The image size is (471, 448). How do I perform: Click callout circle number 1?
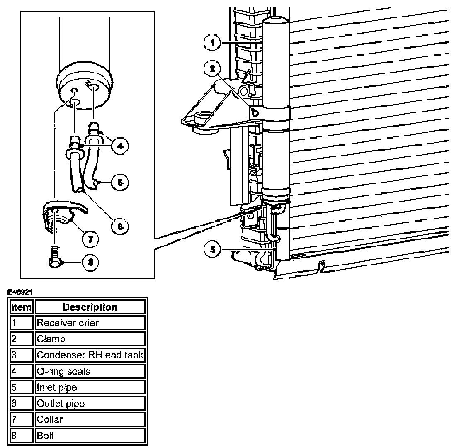tap(212, 42)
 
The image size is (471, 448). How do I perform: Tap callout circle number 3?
tap(212, 249)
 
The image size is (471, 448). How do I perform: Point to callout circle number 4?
tap(120, 146)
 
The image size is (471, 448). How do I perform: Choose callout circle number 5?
tap(120, 182)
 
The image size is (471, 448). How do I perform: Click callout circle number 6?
tap(120, 226)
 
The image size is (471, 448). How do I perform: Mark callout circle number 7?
tap(90, 239)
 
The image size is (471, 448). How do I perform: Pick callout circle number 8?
tap(90, 262)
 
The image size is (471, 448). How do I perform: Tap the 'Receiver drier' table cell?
tap(90, 323)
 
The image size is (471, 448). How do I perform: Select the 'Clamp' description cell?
tap(90, 339)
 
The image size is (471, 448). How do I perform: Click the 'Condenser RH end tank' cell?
tap(90, 355)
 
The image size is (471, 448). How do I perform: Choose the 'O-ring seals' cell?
tap(90, 371)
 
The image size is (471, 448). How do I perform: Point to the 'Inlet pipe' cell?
tap(90, 387)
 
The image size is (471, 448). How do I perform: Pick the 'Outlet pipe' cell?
tap(90, 403)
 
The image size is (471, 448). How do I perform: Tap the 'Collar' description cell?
tap(90, 419)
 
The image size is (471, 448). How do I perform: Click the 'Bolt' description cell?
tap(90, 436)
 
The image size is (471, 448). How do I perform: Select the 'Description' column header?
tap(90, 307)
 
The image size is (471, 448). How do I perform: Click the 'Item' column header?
tap(21, 307)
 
